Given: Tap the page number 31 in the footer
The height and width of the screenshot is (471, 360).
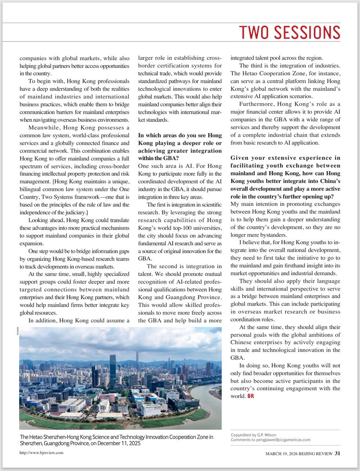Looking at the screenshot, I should click(338, 453).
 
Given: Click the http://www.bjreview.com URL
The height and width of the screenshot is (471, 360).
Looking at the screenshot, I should click(41, 453).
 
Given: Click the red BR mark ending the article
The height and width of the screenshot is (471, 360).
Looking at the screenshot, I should click(250, 396).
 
